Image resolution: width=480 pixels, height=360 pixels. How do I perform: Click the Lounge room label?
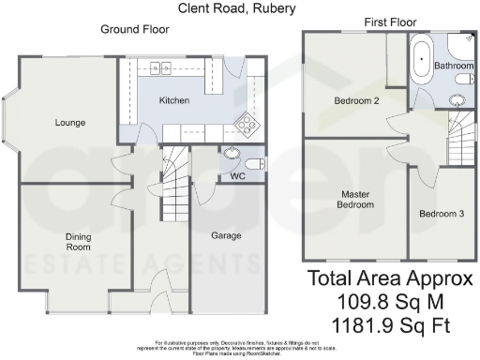[70, 122]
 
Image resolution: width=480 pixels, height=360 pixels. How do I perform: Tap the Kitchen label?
[174, 100]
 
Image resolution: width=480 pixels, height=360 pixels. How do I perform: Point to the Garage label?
[224, 235]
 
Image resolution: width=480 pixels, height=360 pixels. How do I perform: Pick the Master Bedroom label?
[357, 198]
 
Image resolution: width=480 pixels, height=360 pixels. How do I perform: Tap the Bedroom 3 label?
[441, 214]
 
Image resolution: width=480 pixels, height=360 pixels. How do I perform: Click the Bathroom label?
[456, 67]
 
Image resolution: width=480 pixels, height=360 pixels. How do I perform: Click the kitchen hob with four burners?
[247, 122]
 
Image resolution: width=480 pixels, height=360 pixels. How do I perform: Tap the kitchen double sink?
[158, 67]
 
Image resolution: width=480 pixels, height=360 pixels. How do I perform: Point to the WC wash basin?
[232, 155]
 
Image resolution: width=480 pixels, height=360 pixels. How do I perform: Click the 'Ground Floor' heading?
[135, 29]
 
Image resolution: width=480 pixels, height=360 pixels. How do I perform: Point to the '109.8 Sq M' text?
[385, 301]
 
